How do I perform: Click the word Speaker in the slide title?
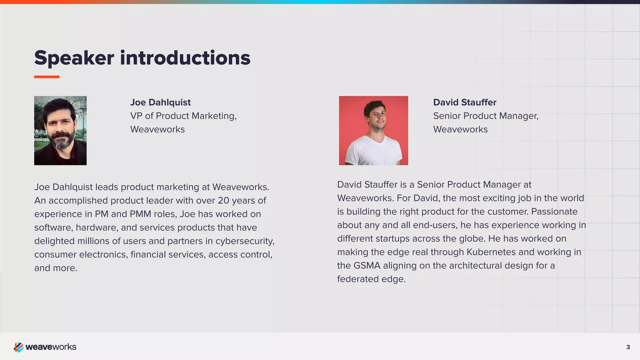(x=74, y=58)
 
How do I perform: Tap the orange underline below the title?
(x=47, y=77)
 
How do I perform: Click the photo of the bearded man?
(x=60, y=130)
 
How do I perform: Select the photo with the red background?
(x=373, y=130)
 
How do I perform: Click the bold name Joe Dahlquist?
(x=160, y=102)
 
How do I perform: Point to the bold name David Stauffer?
(x=464, y=102)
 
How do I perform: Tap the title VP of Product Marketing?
(x=183, y=116)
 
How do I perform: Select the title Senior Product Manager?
(x=486, y=116)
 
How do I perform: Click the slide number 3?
(x=628, y=347)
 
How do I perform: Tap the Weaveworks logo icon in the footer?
(x=18, y=347)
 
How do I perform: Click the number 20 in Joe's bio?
(x=223, y=201)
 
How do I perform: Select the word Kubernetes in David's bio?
(x=491, y=252)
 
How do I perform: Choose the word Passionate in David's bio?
(x=554, y=212)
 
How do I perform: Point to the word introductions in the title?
(x=185, y=58)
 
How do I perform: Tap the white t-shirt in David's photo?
(x=373, y=152)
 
